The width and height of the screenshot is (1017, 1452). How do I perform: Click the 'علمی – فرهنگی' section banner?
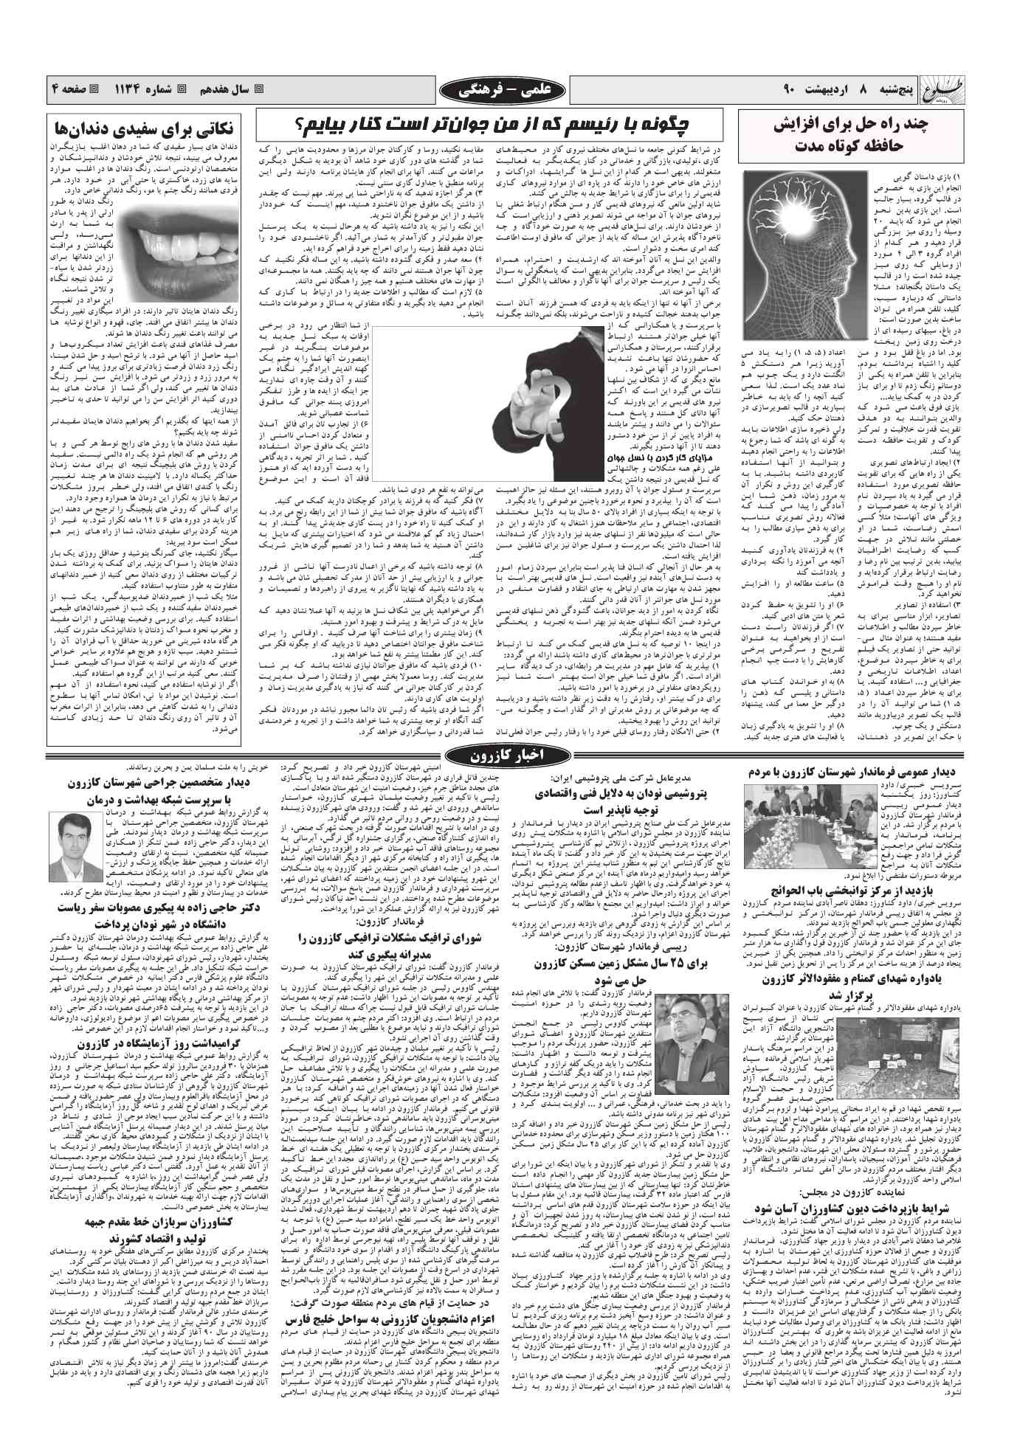(508, 90)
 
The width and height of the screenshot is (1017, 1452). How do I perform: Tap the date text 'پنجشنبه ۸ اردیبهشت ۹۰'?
(861, 90)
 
